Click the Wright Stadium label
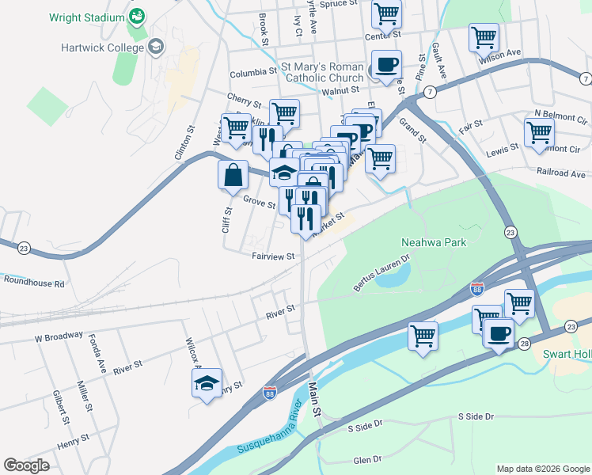86,17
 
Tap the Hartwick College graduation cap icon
156,47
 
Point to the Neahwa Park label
435,243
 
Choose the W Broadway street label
59,338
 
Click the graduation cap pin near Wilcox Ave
207,384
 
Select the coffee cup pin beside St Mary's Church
387,65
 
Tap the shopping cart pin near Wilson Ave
483,36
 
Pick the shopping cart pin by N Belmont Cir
539,132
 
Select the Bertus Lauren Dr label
384,271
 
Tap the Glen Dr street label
367,459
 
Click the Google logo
27,465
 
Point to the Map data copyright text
542,469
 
